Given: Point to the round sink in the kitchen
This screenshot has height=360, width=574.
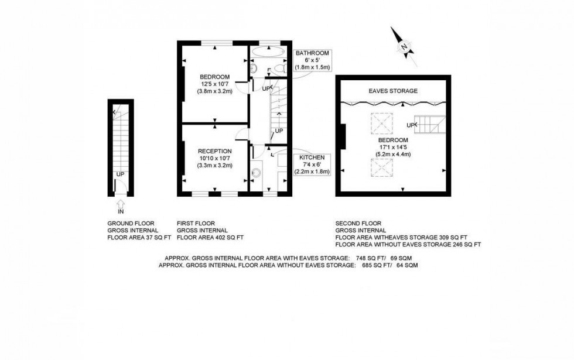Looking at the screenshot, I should (256, 173).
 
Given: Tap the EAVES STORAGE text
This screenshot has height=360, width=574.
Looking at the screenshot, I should (393, 91).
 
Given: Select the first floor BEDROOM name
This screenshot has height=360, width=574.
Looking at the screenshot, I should (215, 77).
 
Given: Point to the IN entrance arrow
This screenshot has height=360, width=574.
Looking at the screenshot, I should (121, 203).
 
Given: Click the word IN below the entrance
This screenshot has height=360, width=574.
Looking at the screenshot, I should (121, 212).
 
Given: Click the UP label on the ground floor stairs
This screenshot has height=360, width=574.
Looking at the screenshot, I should (120, 174).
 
